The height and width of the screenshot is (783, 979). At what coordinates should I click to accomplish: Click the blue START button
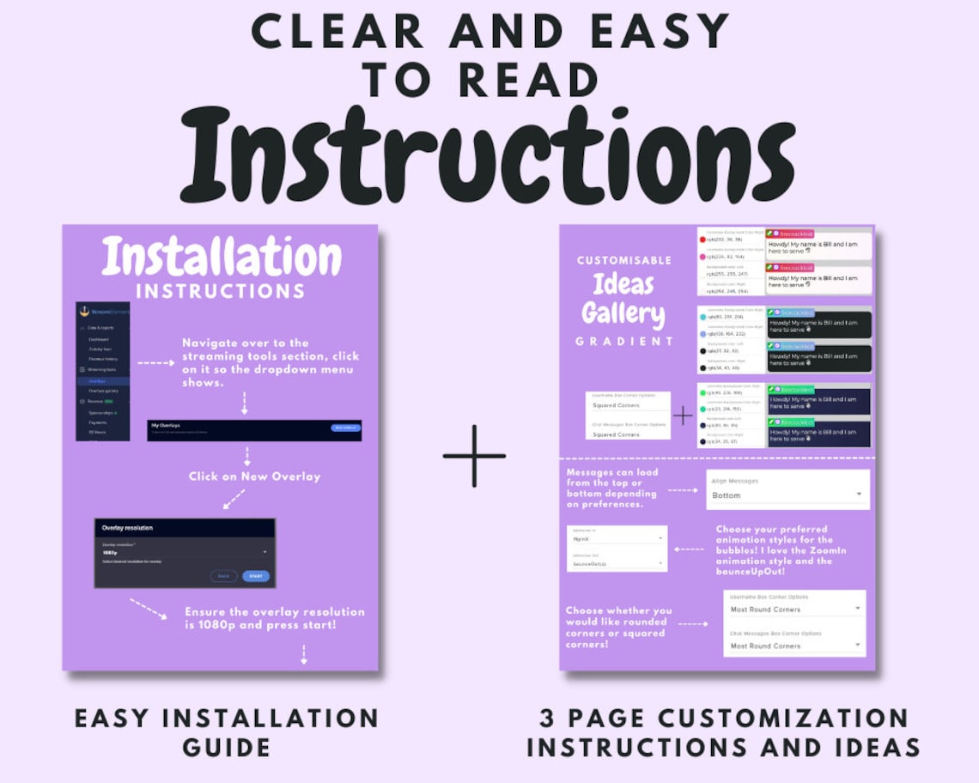pos(255,576)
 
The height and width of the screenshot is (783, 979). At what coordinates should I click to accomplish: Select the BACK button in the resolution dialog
pos(223,576)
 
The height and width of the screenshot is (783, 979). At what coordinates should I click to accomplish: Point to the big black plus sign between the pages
pos(474,455)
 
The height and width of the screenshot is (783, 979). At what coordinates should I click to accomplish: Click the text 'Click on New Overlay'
pos(254,476)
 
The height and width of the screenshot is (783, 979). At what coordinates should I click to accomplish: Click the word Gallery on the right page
pos(623,314)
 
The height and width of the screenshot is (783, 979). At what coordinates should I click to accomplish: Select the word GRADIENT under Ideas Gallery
pos(624,341)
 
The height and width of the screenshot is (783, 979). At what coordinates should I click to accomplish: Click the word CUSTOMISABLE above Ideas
pos(624,260)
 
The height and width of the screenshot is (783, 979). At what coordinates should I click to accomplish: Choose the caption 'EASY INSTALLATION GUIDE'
pos(227,731)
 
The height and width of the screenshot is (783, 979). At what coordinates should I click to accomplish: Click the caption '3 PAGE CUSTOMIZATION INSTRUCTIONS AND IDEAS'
pos(723,731)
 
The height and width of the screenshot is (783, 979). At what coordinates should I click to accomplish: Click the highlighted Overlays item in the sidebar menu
pos(102,380)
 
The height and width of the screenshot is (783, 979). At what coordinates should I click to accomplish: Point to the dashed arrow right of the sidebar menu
pos(155,363)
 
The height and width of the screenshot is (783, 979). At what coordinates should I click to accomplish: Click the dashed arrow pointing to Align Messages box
pos(682,490)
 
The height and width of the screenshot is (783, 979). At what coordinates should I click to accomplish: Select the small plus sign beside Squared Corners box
pos(683,416)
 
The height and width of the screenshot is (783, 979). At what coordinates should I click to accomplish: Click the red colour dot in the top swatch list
pos(702,240)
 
